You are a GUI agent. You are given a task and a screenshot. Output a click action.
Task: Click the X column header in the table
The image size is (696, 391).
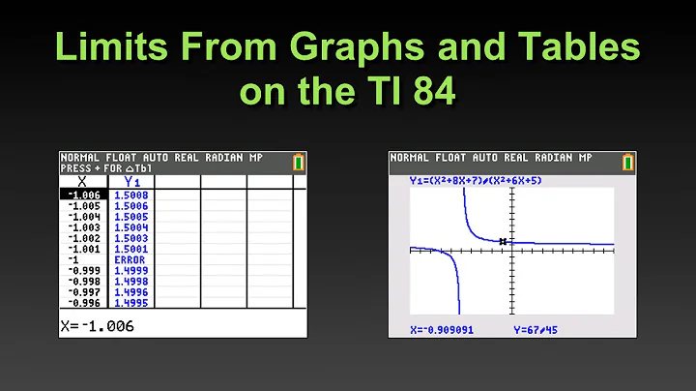point(81,180)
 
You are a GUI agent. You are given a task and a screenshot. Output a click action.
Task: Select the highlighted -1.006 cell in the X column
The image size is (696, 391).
point(84,195)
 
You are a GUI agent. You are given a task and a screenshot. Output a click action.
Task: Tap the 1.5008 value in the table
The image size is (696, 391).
point(130,195)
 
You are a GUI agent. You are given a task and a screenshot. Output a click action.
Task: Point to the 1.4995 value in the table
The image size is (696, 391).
point(130,303)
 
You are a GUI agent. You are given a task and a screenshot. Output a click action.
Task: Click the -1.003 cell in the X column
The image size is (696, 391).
point(84,227)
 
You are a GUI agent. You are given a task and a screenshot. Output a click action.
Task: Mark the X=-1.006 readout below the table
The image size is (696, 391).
point(98,326)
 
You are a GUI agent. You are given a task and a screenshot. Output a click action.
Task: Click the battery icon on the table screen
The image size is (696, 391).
point(298,162)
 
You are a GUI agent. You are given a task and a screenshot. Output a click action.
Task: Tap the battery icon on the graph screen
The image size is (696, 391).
point(628,162)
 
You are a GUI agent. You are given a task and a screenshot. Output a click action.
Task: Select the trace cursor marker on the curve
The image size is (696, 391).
point(504,241)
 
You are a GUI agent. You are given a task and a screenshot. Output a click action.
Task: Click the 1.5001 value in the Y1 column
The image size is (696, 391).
point(130,250)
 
